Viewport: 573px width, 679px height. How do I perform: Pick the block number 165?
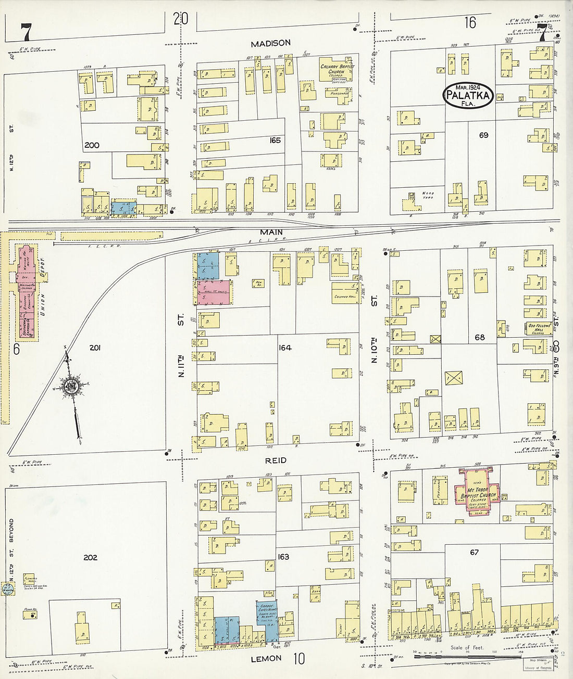click(275, 140)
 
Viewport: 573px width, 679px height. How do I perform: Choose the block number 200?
click(92, 145)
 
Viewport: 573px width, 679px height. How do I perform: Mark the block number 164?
click(284, 348)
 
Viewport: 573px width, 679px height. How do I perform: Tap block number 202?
click(91, 557)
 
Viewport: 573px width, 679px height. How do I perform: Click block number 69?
click(483, 135)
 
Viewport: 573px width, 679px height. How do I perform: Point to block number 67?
click(474, 552)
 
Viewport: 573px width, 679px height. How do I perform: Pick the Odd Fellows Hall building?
click(537, 328)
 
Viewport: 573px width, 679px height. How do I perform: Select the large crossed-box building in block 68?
click(453, 378)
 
